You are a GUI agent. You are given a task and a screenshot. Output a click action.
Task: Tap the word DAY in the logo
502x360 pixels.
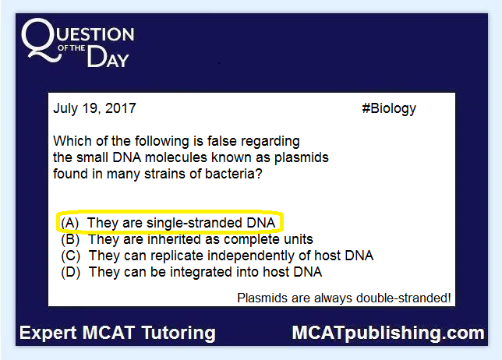pos(108,57)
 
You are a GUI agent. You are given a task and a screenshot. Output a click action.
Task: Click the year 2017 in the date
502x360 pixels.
pos(121,108)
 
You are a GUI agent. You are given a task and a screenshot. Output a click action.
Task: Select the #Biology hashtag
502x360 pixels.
pos(389,109)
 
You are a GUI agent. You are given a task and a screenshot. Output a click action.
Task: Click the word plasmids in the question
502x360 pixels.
pos(302,157)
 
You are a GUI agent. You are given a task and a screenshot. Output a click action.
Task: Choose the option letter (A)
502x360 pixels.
pos(70,223)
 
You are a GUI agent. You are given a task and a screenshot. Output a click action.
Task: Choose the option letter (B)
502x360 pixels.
pos(70,239)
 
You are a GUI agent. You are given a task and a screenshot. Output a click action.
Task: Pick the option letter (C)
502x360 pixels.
pos(70,256)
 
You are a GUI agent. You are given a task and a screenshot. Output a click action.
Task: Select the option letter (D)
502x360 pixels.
pos(70,272)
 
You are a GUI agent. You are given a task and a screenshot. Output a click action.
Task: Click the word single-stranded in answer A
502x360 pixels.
pos(194,223)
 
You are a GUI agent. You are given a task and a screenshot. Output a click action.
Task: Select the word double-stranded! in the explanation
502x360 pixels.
pos(404,298)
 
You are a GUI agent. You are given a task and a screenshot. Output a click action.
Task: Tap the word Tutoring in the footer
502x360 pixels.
pos(179,334)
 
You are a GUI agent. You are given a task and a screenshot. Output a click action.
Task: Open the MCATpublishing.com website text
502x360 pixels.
pos(388,334)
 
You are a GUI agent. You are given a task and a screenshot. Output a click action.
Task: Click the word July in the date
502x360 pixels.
pos(65,109)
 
